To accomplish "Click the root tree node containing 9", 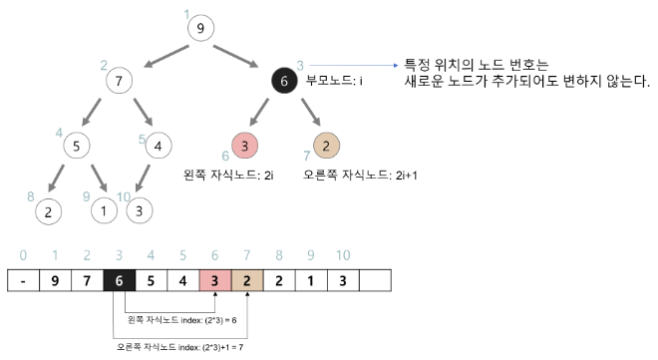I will click(200, 28).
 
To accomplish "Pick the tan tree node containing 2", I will click(326, 145).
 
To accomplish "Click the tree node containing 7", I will click(119, 79).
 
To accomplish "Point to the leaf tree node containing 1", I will click(105, 211).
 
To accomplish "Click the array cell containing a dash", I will click(23, 281).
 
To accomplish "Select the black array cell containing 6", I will click(119, 281).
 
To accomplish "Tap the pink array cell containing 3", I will click(214, 281).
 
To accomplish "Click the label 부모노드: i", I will click(334, 80).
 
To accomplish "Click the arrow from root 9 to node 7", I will click(162, 55).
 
